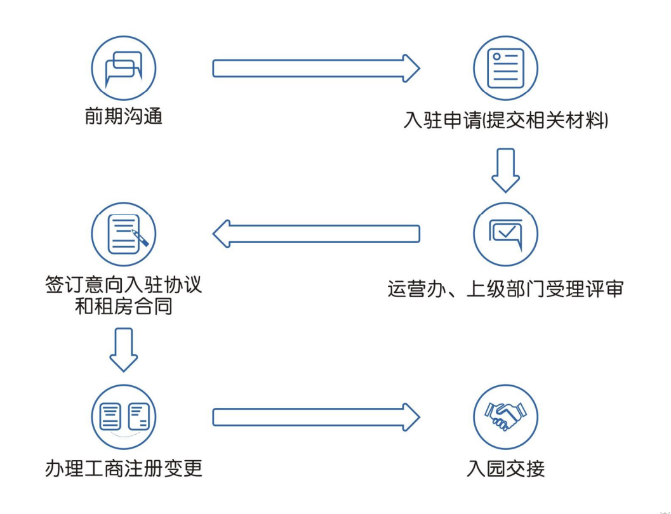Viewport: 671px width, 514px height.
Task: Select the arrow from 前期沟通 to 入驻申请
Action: point(316,67)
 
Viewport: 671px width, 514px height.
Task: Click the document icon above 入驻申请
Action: point(505,67)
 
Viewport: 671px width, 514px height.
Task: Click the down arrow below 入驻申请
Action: point(506,169)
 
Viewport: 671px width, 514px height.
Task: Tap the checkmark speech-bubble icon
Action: point(505,234)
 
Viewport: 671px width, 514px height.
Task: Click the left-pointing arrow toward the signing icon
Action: point(316,234)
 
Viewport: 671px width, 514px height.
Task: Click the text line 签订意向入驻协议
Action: point(124,283)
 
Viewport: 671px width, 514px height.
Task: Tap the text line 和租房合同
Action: point(124,308)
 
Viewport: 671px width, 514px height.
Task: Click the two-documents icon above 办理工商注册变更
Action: point(124,418)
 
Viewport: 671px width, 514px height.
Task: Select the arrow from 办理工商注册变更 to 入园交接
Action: point(316,417)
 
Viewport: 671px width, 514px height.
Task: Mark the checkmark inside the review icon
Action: point(506,232)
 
